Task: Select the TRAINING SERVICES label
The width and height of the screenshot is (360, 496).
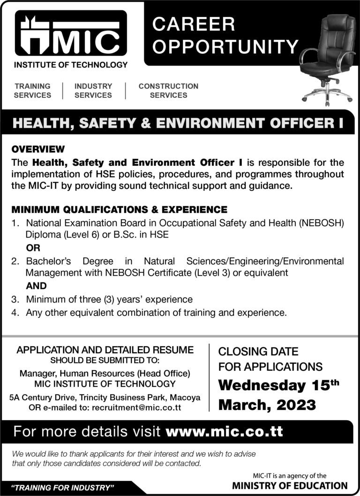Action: point(32,90)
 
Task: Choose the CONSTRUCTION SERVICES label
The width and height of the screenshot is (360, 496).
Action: point(168,90)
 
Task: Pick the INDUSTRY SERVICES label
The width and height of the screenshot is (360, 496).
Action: point(93,90)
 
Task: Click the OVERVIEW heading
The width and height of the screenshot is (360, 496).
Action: point(38,149)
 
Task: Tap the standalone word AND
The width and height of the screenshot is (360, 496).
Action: point(36,285)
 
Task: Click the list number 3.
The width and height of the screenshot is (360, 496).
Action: point(15,299)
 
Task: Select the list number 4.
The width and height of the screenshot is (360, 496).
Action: point(15,311)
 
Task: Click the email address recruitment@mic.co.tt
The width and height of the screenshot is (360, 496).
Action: point(136,407)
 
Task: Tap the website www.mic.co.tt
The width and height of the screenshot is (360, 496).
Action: point(225,431)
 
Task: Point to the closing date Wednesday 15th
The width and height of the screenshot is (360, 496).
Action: point(278,385)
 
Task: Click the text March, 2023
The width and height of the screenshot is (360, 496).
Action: point(267,405)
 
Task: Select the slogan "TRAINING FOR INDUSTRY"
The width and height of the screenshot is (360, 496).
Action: point(63,488)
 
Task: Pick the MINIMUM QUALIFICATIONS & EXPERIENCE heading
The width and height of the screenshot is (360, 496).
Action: point(120,209)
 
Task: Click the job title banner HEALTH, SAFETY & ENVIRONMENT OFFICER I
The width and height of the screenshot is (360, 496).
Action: point(178,124)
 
